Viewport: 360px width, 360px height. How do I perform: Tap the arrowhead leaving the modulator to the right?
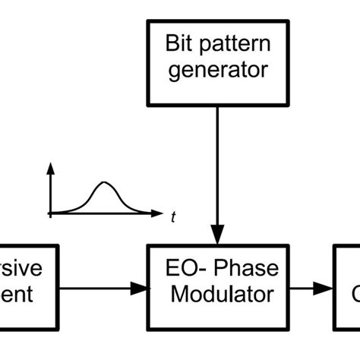click(x=326, y=288)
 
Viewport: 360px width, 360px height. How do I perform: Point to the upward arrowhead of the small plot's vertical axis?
click(x=50, y=169)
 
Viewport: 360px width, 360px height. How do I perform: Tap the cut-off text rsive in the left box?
click(x=23, y=269)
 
